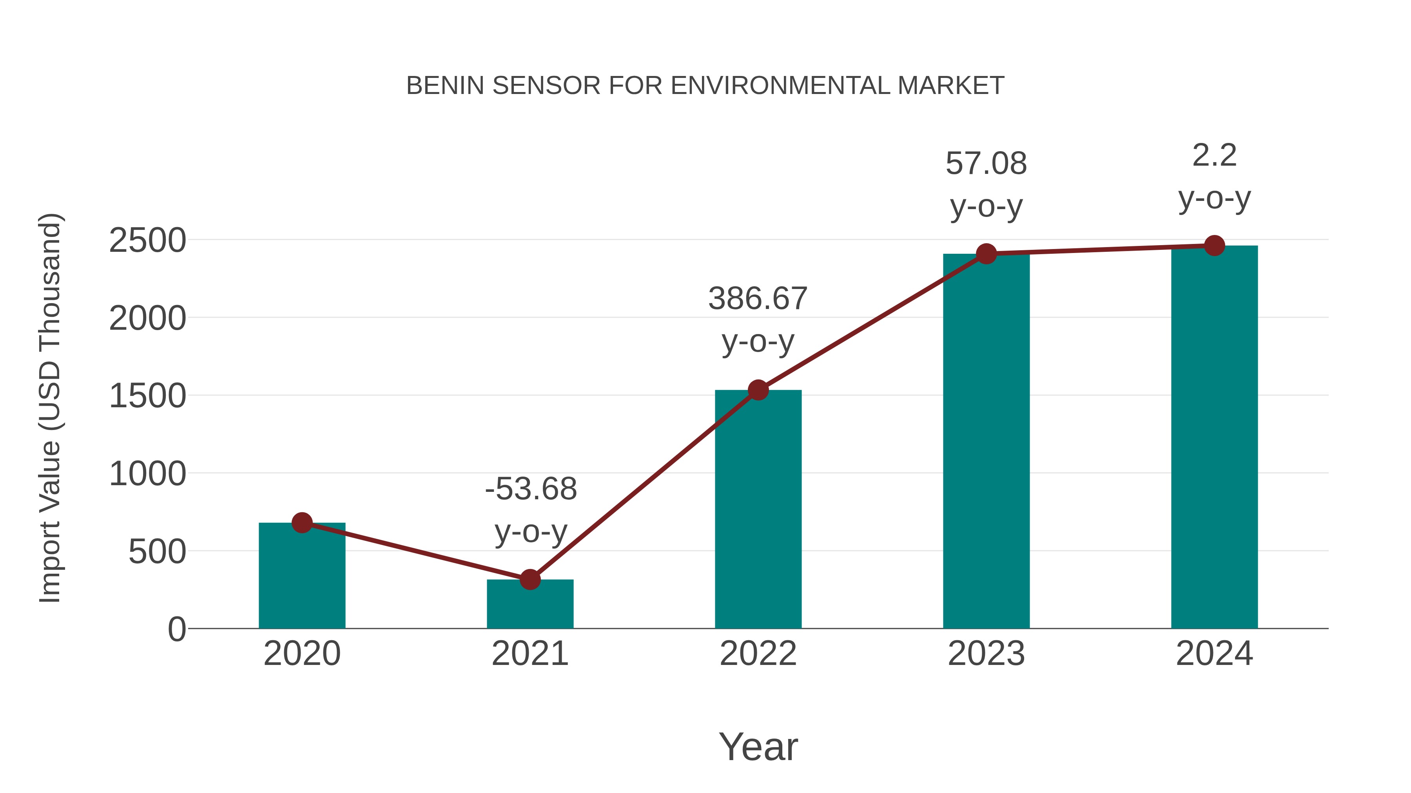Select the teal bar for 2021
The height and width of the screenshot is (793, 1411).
pos(530,604)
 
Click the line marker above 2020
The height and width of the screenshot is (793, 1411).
pos(302,523)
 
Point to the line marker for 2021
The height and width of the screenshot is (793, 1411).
pos(530,579)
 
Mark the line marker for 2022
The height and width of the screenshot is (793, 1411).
pos(758,390)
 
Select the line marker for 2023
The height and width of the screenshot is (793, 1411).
pos(986,254)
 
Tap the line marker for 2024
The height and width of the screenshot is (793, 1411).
pos(1214,246)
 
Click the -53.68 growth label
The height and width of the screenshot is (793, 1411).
pos(531,489)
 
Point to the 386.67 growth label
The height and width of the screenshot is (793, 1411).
pos(758,299)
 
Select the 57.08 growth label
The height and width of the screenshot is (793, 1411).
pos(986,164)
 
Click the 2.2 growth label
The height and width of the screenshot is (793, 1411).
pos(1214,155)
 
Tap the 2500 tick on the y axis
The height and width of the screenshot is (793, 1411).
pos(147,240)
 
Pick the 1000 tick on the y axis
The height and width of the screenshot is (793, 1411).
pos(147,474)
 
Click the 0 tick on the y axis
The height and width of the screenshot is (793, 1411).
pos(176,629)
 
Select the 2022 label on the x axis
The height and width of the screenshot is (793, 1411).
pos(758,654)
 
